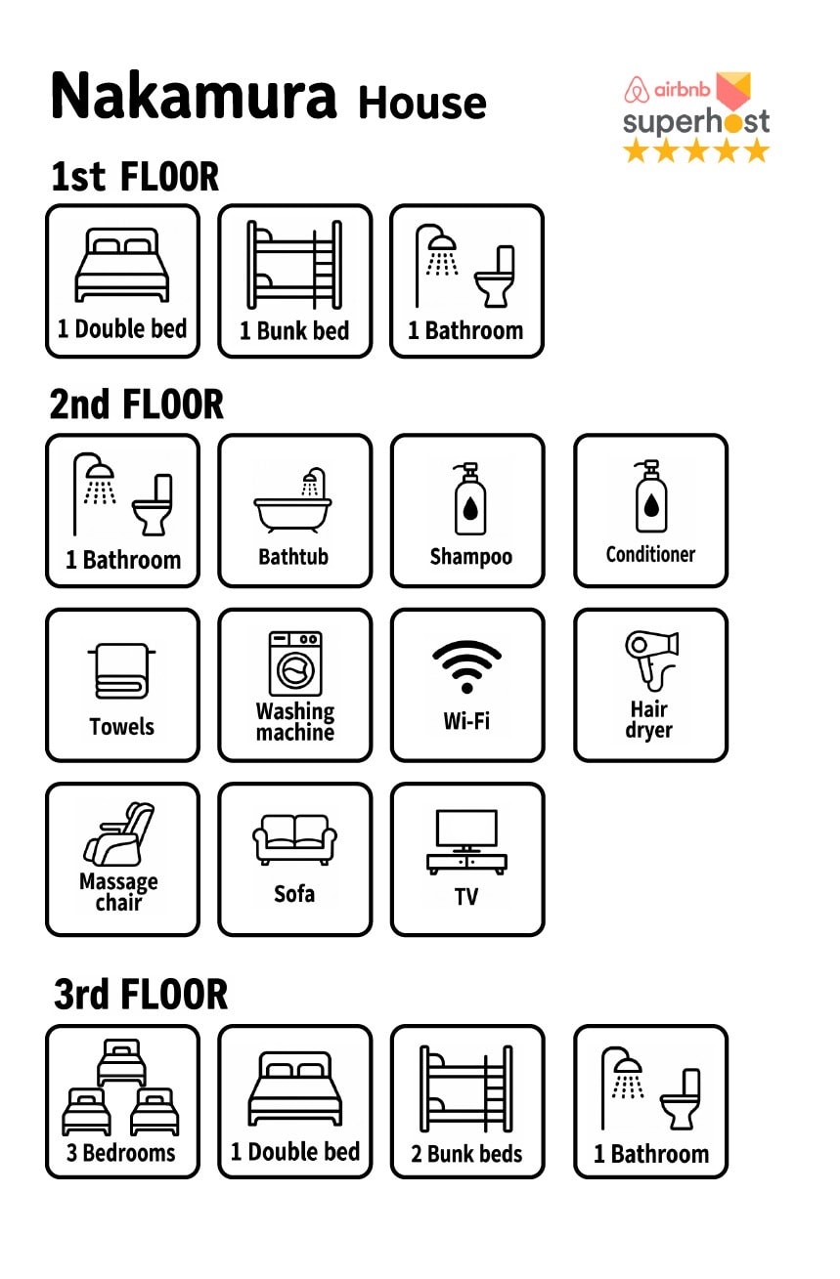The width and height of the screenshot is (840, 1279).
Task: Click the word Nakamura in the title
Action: point(194,96)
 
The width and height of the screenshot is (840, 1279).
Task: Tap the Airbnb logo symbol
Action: point(637,90)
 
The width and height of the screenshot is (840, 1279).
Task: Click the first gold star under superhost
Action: point(635,151)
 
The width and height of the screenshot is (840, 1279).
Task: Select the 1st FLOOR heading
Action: point(135,176)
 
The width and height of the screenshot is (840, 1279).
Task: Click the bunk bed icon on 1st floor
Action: point(295,265)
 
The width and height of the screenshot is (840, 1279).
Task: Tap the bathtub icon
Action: point(292,500)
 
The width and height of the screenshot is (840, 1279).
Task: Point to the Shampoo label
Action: point(471,556)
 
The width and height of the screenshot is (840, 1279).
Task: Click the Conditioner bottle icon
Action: point(651,496)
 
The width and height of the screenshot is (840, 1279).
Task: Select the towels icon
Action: point(121,670)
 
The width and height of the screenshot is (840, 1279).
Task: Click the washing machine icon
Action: point(295,662)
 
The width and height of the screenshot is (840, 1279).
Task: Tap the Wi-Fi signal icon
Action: point(466,666)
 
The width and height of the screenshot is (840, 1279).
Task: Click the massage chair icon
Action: point(119,834)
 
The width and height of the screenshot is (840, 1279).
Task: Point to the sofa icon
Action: point(295,839)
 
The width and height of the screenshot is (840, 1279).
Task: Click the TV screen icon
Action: point(466,841)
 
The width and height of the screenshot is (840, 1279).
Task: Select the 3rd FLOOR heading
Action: point(141,995)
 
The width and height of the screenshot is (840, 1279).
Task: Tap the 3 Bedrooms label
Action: point(120,1152)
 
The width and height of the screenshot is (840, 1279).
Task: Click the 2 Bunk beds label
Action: point(466,1153)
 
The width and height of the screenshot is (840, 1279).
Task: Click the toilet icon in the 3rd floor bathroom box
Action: point(681,1099)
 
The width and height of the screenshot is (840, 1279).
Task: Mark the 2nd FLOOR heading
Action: point(137,405)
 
